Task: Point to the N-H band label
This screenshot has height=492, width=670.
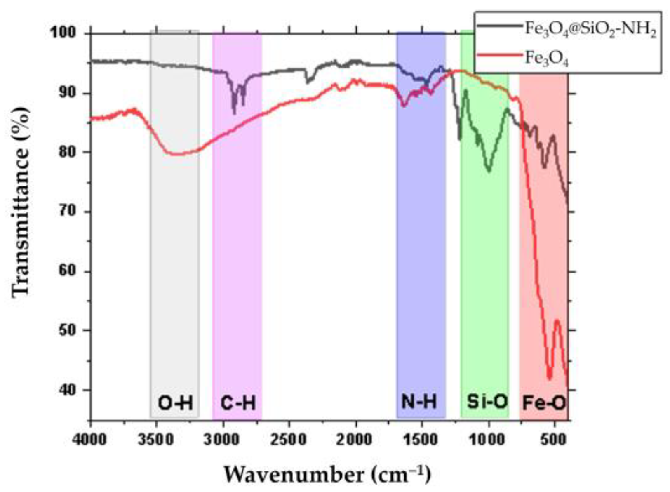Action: pos(419,401)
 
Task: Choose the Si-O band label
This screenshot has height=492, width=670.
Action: pos(487,401)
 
